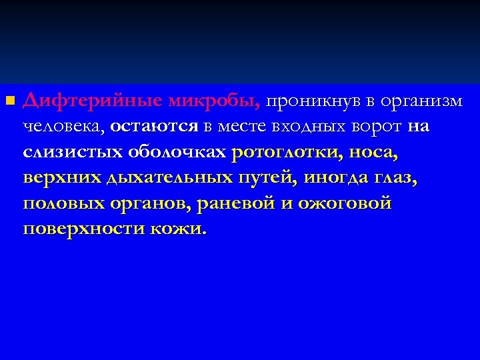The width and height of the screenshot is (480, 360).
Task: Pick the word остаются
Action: click(155, 127)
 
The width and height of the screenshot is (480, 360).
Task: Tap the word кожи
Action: click(178, 229)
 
